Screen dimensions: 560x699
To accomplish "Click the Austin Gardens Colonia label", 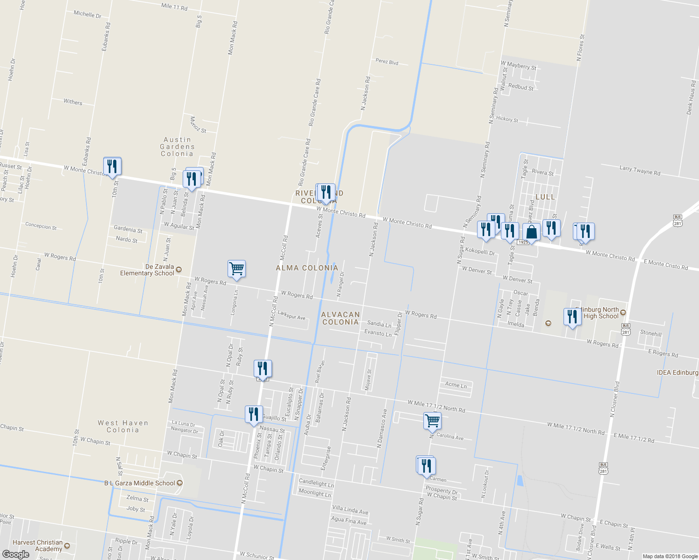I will coord(177,147).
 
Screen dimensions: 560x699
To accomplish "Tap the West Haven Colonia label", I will coord(123,427).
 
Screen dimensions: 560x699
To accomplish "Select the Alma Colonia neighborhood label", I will coord(307,268).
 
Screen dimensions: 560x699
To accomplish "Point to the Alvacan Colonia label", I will coord(341,318).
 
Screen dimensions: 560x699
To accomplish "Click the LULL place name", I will coord(545,197).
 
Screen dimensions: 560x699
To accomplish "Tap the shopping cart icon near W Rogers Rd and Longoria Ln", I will coord(236,269).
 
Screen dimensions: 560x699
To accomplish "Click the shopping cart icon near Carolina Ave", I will coord(432,420).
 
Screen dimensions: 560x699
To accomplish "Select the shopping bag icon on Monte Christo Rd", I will coord(532,231).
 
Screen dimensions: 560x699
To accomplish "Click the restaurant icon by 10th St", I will coord(112,166).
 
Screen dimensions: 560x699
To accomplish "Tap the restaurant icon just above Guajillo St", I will coord(253,414).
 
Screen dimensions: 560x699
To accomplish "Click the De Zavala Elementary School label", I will coord(147,270).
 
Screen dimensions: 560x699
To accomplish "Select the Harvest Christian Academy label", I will coord(38,546).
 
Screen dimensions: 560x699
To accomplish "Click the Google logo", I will coord(15,554).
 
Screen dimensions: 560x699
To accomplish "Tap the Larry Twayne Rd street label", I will coord(640,170).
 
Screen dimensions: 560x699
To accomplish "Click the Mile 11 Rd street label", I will coord(174,7).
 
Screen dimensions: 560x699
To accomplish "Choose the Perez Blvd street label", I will coord(387,61).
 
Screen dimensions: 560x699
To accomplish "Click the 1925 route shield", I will coord(523,242).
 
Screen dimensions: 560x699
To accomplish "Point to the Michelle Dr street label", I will coord(87,14).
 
